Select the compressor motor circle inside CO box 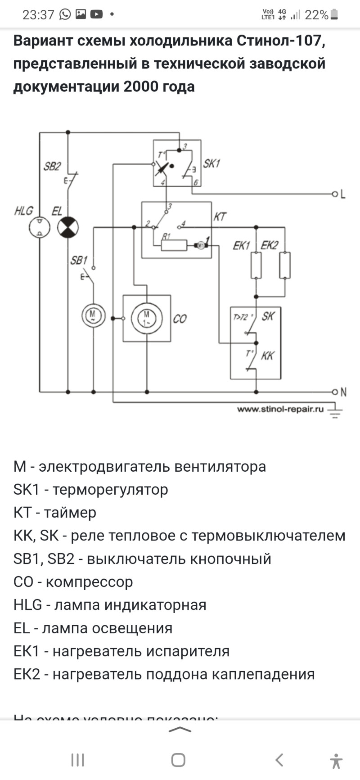pyautogui.click(x=147, y=318)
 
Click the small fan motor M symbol pyautogui.click(x=93, y=315)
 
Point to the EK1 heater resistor pyautogui.click(x=256, y=265)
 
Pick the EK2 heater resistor pyautogui.click(x=285, y=265)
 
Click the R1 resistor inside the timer pyautogui.click(x=174, y=245)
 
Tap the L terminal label pyautogui.click(x=343, y=194)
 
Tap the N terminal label pyautogui.click(x=343, y=392)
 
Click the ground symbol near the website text pyautogui.click(x=334, y=411)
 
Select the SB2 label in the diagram pyautogui.click(x=52, y=167)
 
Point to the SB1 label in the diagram pyautogui.click(x=79, y=260)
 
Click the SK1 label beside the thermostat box pyautogui.click(x=211, y=163)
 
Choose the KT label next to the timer pyautogui.click(x=220, y=217)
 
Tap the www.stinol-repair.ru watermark pyautogui.click(x=280, y=409)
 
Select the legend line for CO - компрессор pyautogui.click(x=73, y=582)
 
